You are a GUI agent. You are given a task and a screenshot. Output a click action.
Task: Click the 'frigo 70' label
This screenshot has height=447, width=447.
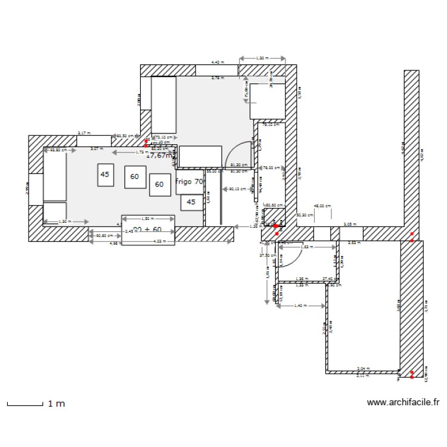tap(190, 182)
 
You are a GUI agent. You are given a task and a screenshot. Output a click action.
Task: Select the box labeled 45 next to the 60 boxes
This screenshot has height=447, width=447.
tap(105, 175)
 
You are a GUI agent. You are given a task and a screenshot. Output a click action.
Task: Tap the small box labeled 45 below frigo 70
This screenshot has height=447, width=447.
tap(191, 202)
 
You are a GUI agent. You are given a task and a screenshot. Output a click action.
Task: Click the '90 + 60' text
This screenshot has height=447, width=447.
tap(147, 229)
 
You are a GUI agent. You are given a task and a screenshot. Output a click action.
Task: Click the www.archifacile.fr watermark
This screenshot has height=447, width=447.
tap(403, 403)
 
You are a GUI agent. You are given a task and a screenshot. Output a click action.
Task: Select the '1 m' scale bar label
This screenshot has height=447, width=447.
tap(56, 404)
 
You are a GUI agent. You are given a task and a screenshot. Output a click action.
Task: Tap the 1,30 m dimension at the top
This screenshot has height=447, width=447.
tap(262, 58)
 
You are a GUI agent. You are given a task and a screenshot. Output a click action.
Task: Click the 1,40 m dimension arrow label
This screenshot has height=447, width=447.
tap(300, 306)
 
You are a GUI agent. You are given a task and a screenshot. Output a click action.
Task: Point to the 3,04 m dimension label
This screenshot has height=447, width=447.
tap(362, 369)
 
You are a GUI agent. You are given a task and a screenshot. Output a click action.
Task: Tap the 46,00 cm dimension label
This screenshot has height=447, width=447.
tap(322, 206)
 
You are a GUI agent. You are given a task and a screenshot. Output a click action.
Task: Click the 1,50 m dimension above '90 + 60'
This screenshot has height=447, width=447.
tap(148, 218)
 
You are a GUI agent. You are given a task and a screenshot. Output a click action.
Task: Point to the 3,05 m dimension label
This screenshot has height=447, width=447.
tap(350, 225)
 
